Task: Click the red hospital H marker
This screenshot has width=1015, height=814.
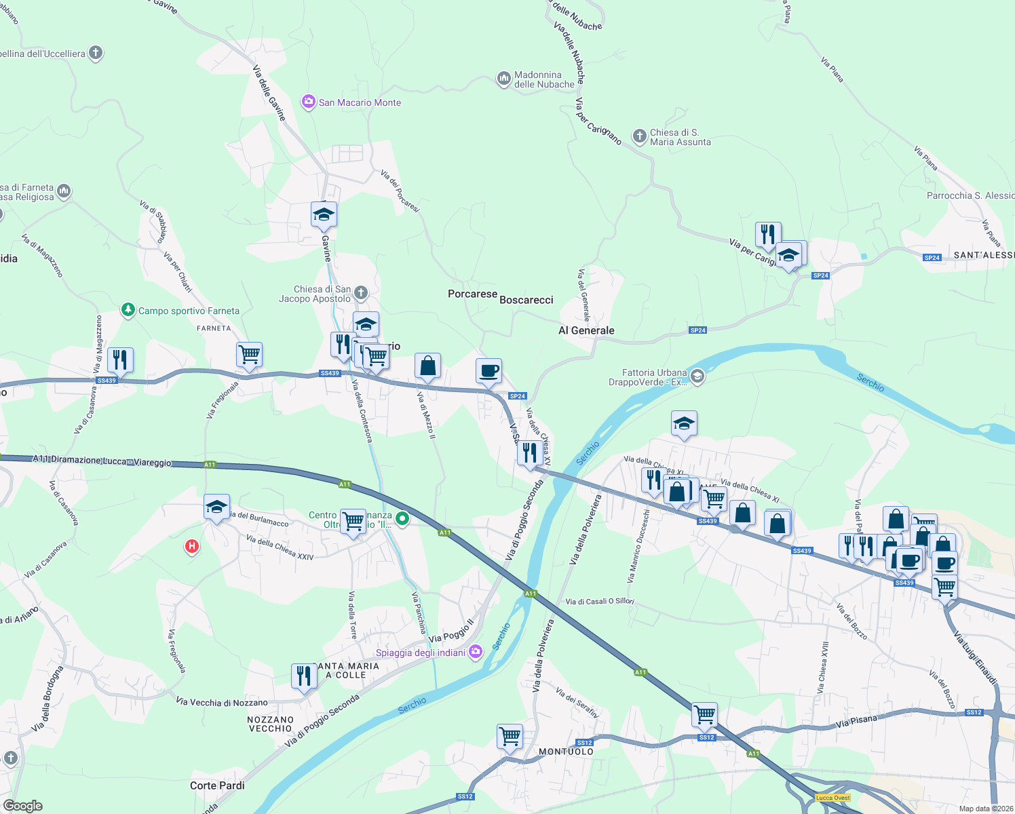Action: [x=192, y=546]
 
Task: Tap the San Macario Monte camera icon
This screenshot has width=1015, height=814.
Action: [x=309, y=102]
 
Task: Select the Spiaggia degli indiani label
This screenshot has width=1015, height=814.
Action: [x=421, y=653]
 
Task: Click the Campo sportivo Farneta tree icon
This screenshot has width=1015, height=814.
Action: [x=128, y=310]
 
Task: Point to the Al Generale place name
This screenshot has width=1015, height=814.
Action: [x=586, y=330]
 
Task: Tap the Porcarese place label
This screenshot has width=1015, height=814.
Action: [x=472, y=294]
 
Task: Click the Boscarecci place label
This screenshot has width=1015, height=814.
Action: [x=526, y=300]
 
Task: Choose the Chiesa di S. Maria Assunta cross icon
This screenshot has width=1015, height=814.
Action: [x=639, y=136]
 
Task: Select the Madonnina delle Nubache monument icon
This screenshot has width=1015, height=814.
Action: [x=503, y=79]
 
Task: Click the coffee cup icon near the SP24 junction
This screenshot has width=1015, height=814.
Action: [x=489, y=372]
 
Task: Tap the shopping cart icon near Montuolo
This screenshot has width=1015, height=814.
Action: [x=510, y=737]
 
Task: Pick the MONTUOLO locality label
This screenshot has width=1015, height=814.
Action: [x=566, y=752]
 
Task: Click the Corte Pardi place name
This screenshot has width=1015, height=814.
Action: [x=217, y=786]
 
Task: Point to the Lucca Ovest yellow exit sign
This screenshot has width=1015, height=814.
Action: [x=832, y=798]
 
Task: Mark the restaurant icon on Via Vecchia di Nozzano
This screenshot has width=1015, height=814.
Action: [x=304, y=676]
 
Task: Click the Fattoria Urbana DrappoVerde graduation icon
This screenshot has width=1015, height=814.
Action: [x=697, y=376]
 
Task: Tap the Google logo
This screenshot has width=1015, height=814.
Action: [x=23, y=805]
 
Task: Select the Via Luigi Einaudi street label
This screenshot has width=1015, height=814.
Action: [x=975, y=658]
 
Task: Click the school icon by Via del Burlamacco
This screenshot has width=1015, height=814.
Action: [x=216, y=507]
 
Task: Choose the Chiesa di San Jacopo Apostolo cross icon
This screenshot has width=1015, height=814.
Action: [x=361, y=293]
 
